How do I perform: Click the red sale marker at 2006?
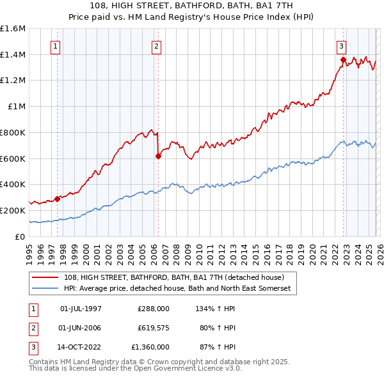(158, 155)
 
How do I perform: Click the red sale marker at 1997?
(57, 199)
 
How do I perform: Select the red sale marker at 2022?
(343, 60)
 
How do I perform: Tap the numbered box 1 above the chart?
(56, 46)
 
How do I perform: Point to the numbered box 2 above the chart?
(156, 46)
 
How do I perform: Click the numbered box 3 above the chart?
(341, 46)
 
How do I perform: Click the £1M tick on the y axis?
(17, 107)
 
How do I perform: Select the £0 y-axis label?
(20, 236)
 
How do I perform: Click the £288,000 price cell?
(153, 309)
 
